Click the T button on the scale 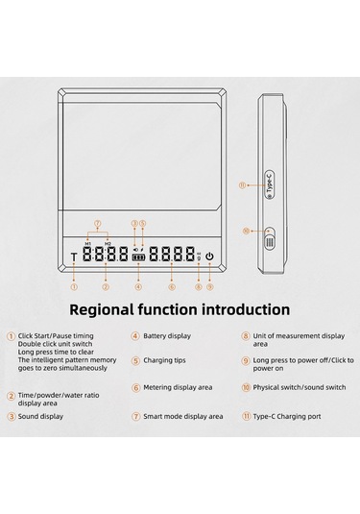(74, 257)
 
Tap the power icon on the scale (209, 256)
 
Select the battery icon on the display (138, 257)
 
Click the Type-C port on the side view (270, 184)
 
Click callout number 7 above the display (98, 224)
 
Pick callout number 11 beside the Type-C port (243, 185)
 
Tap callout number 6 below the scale (172, 287)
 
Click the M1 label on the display (87, 244)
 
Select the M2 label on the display (108, 244)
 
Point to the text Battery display (167, 336)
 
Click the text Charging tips (164, 360)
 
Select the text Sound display (40, 417)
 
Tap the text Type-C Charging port (287, 417)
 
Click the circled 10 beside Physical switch (246, 387)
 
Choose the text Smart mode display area (182, 417)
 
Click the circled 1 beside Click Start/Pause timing (12, 336)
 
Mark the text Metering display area (178, 387)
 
